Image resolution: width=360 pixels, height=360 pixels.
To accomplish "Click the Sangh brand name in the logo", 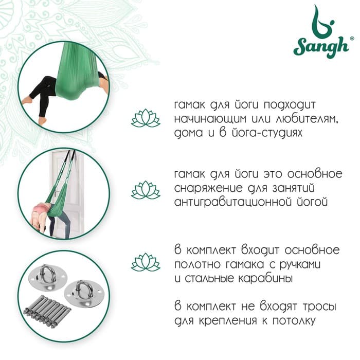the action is tap(321, 47).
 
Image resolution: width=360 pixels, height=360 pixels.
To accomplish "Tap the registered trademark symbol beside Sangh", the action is tap(352, 39).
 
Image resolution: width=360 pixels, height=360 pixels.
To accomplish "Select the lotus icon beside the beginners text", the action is tap(146, 118).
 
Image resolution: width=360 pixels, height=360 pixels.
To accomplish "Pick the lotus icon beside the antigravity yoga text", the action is tap(146, 190).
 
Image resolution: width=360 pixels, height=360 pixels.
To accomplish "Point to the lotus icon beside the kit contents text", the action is tap(146, 262).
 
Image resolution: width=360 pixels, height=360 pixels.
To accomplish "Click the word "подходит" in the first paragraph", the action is tap(290, 105).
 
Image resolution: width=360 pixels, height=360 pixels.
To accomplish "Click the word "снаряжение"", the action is tap(208, 189).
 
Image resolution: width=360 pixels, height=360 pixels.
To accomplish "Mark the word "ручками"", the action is tap(300, 265).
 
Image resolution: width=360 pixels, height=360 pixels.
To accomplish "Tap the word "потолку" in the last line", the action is tap(294, 321).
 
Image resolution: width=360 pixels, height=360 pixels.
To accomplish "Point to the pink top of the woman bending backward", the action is tap(41, 209).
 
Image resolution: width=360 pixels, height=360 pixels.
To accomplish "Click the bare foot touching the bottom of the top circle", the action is tap(43, 121).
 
